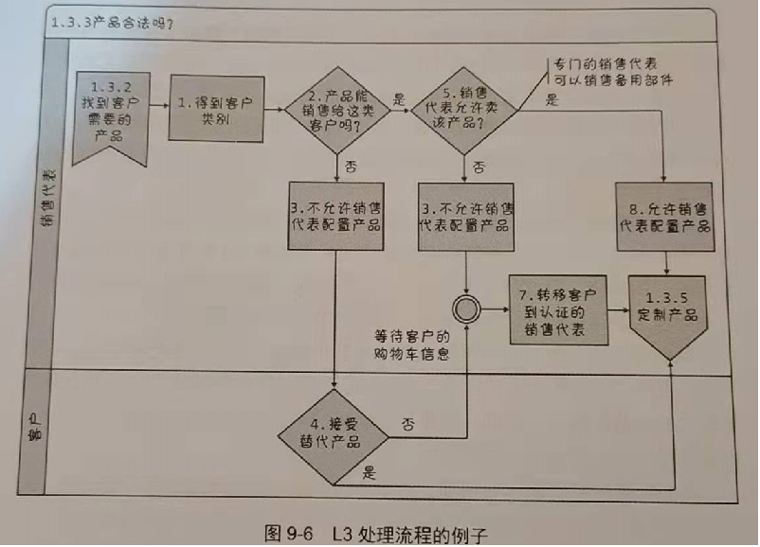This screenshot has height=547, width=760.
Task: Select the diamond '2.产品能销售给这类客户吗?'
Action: [338, 111]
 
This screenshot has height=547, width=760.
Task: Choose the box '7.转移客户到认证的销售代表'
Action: [556, 310]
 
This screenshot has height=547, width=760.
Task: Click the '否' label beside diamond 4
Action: [408, 422]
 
